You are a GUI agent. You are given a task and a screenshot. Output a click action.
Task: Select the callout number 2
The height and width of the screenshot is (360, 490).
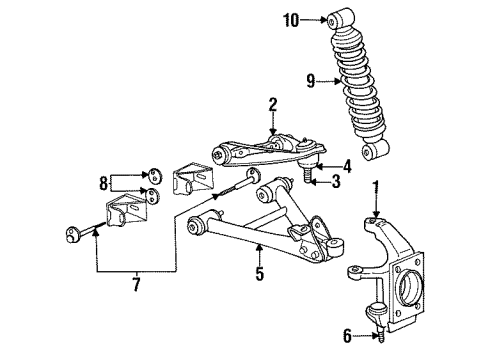(x=270, y=104)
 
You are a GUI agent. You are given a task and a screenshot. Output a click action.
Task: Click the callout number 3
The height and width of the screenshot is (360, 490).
(x=337, y=182)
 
